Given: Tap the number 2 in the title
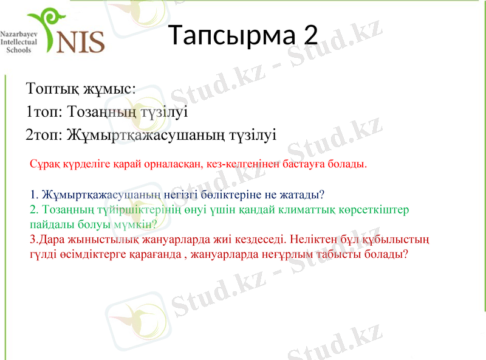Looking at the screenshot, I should pos(310,36).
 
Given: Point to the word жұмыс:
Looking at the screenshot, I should pos(109,89).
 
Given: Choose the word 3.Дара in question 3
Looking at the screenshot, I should pos(45,239).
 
